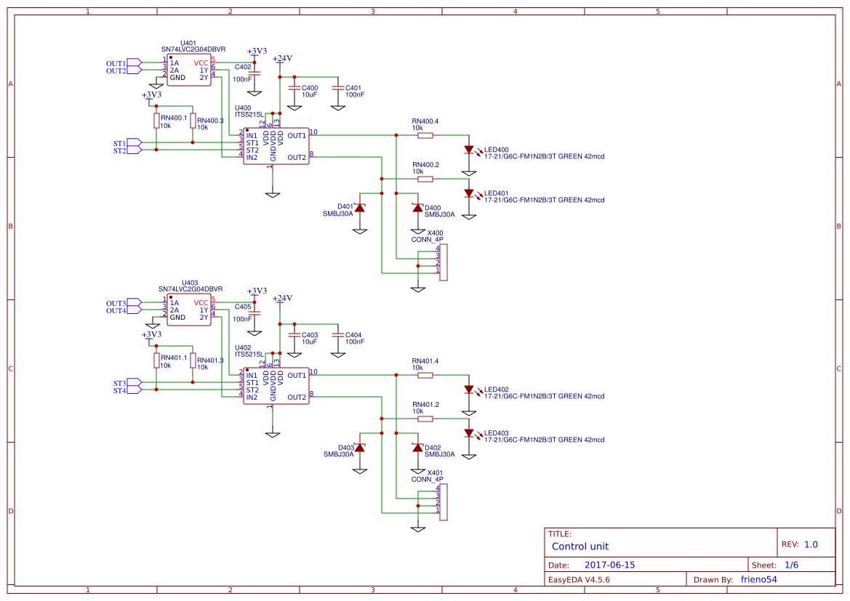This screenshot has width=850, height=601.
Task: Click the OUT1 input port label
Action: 116,63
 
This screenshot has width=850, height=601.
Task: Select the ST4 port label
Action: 119,391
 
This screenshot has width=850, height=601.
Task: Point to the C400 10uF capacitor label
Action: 309,91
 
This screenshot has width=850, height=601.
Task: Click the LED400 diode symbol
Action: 469,150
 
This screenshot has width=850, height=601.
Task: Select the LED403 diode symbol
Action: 469,433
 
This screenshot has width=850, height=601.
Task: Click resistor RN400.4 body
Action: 425,135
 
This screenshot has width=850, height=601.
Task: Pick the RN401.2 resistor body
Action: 425,419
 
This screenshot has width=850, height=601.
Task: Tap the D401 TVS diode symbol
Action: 359,209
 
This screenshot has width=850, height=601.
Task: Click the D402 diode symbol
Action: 417,448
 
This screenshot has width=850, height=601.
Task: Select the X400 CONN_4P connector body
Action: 444,262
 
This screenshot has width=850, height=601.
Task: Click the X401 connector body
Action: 444,502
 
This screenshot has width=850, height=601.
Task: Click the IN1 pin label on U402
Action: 252,376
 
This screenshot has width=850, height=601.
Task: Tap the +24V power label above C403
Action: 282,298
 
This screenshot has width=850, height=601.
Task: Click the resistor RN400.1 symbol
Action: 156,121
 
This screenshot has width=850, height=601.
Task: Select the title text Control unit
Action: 580,546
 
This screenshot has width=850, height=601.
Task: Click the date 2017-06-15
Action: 609,565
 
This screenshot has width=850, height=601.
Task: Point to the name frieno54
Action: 758,579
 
